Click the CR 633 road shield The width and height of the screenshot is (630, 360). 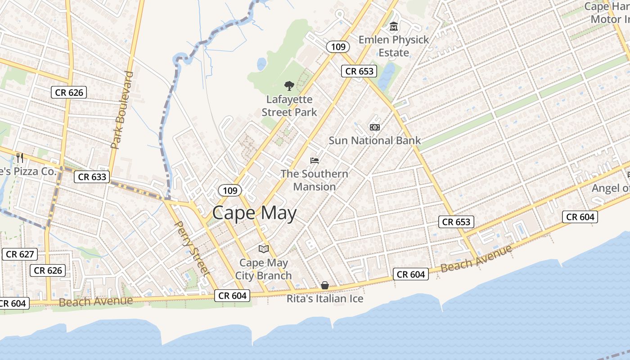click(92, 177)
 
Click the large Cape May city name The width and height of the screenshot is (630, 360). click(254, 213)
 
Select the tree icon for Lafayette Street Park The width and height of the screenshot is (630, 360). click(289, 85)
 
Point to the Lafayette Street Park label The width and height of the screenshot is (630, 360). click(289, 106)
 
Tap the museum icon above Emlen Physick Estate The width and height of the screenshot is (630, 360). click(394, 26)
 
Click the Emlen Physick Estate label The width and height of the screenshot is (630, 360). click(394, 46)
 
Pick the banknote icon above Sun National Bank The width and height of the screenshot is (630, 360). click(374, 127)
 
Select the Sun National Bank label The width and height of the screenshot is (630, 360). click(374, 140)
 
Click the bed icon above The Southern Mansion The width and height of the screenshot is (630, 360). click(315, 161)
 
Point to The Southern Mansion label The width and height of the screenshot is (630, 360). click(315, 180)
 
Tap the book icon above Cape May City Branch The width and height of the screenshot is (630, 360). click(263, 249)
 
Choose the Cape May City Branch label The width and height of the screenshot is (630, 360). click(263, 269)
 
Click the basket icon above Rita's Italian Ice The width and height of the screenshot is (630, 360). click(325, 285)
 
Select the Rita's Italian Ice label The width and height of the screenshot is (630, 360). click(325, 298)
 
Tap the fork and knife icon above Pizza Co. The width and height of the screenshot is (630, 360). click(19, 158)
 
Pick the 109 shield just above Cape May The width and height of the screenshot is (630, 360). click(230, 191)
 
